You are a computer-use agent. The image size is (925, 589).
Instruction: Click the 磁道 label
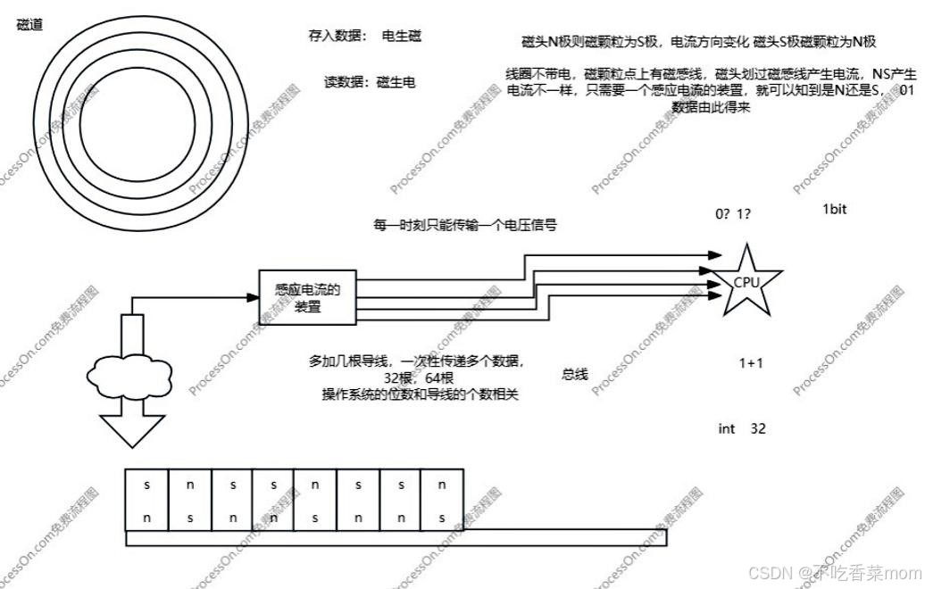(x=29, y=24)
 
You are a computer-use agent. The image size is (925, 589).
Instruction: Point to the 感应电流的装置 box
(x=307, y=297)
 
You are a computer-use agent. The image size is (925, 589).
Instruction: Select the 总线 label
(x=575, y=375)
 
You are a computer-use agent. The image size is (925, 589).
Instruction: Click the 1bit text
(x=834, y=210)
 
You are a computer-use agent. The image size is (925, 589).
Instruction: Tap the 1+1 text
(x=751, y=363)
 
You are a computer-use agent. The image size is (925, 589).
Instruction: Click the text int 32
(x=742, y=429)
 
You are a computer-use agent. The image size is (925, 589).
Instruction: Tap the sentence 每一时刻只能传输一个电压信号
(x=464, y=225)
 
